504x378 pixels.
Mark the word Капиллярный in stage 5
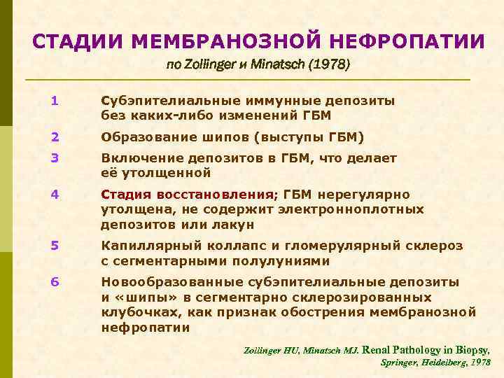tap(146, 246)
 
